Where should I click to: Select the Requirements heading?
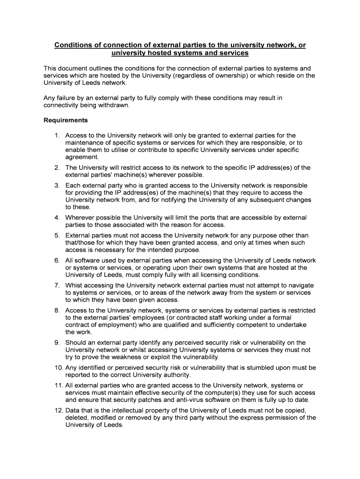click(x=65, y=120)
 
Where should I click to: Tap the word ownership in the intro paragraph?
click(x=225, y=75)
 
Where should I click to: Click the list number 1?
click(x=57, y=135)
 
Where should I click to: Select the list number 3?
click(x=57, y=185)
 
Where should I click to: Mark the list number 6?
click(x=57, y=260)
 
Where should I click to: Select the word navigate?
click(x=299, y=285)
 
